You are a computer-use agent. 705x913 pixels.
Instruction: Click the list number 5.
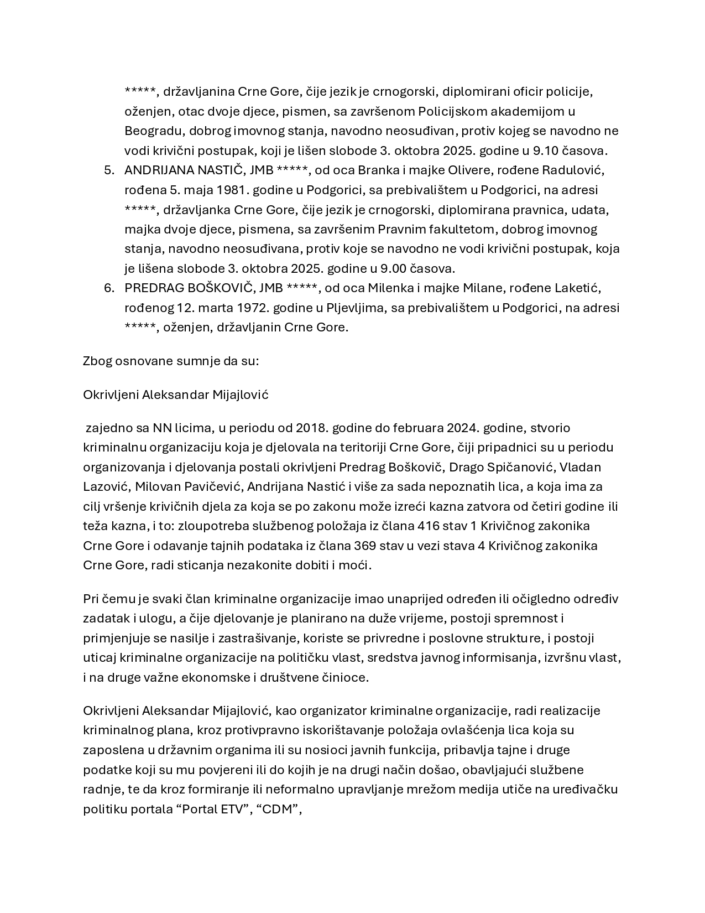[x=109, y=170]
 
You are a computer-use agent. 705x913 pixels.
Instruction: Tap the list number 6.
[x=109, y=288]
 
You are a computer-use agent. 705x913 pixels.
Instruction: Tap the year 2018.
[x=312, y=428]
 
